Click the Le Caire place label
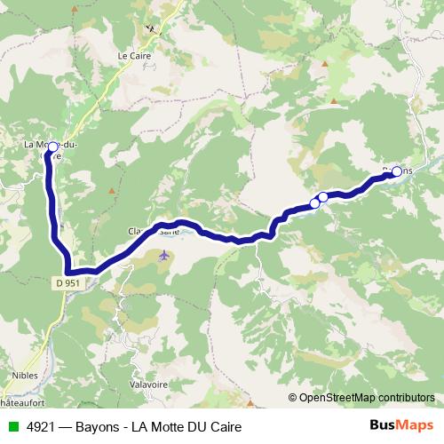(x=135, y=55)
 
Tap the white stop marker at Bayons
(x=396, y=172)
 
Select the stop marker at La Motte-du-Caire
(x=52, y=147)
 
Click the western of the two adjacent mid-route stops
(x=314, y=204)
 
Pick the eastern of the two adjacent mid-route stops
(x=323, y=197)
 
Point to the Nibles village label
(x=24, y=375)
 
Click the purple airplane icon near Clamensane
(x=163, y=256)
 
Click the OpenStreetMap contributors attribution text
(x=366, y=397)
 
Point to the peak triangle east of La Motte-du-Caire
(x=110, y=190)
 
